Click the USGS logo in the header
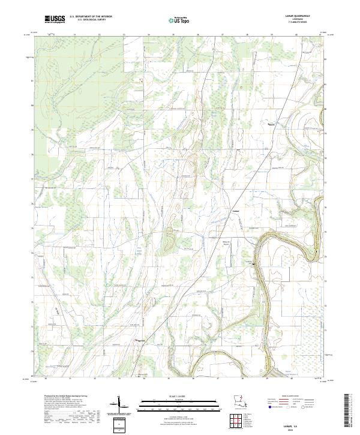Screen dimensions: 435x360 55,19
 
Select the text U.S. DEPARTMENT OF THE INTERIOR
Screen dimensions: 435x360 91,17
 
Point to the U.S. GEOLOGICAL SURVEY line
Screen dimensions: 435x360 88,21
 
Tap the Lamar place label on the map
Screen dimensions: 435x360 236,211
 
